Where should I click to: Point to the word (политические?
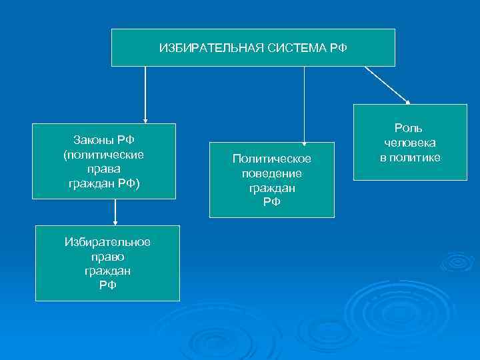104,153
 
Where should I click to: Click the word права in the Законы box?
104,169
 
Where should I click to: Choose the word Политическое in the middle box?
272,159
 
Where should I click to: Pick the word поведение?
272,173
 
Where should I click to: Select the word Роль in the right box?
409,128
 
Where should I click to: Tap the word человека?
409,143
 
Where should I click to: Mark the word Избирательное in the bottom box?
107,241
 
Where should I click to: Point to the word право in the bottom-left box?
107,256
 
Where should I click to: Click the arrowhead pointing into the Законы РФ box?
145,120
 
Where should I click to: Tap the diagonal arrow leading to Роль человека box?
387,85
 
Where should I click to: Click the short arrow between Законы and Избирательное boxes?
115,213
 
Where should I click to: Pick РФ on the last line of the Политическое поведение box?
272,203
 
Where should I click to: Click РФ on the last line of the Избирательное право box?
107,285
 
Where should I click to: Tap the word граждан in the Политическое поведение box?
272,188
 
